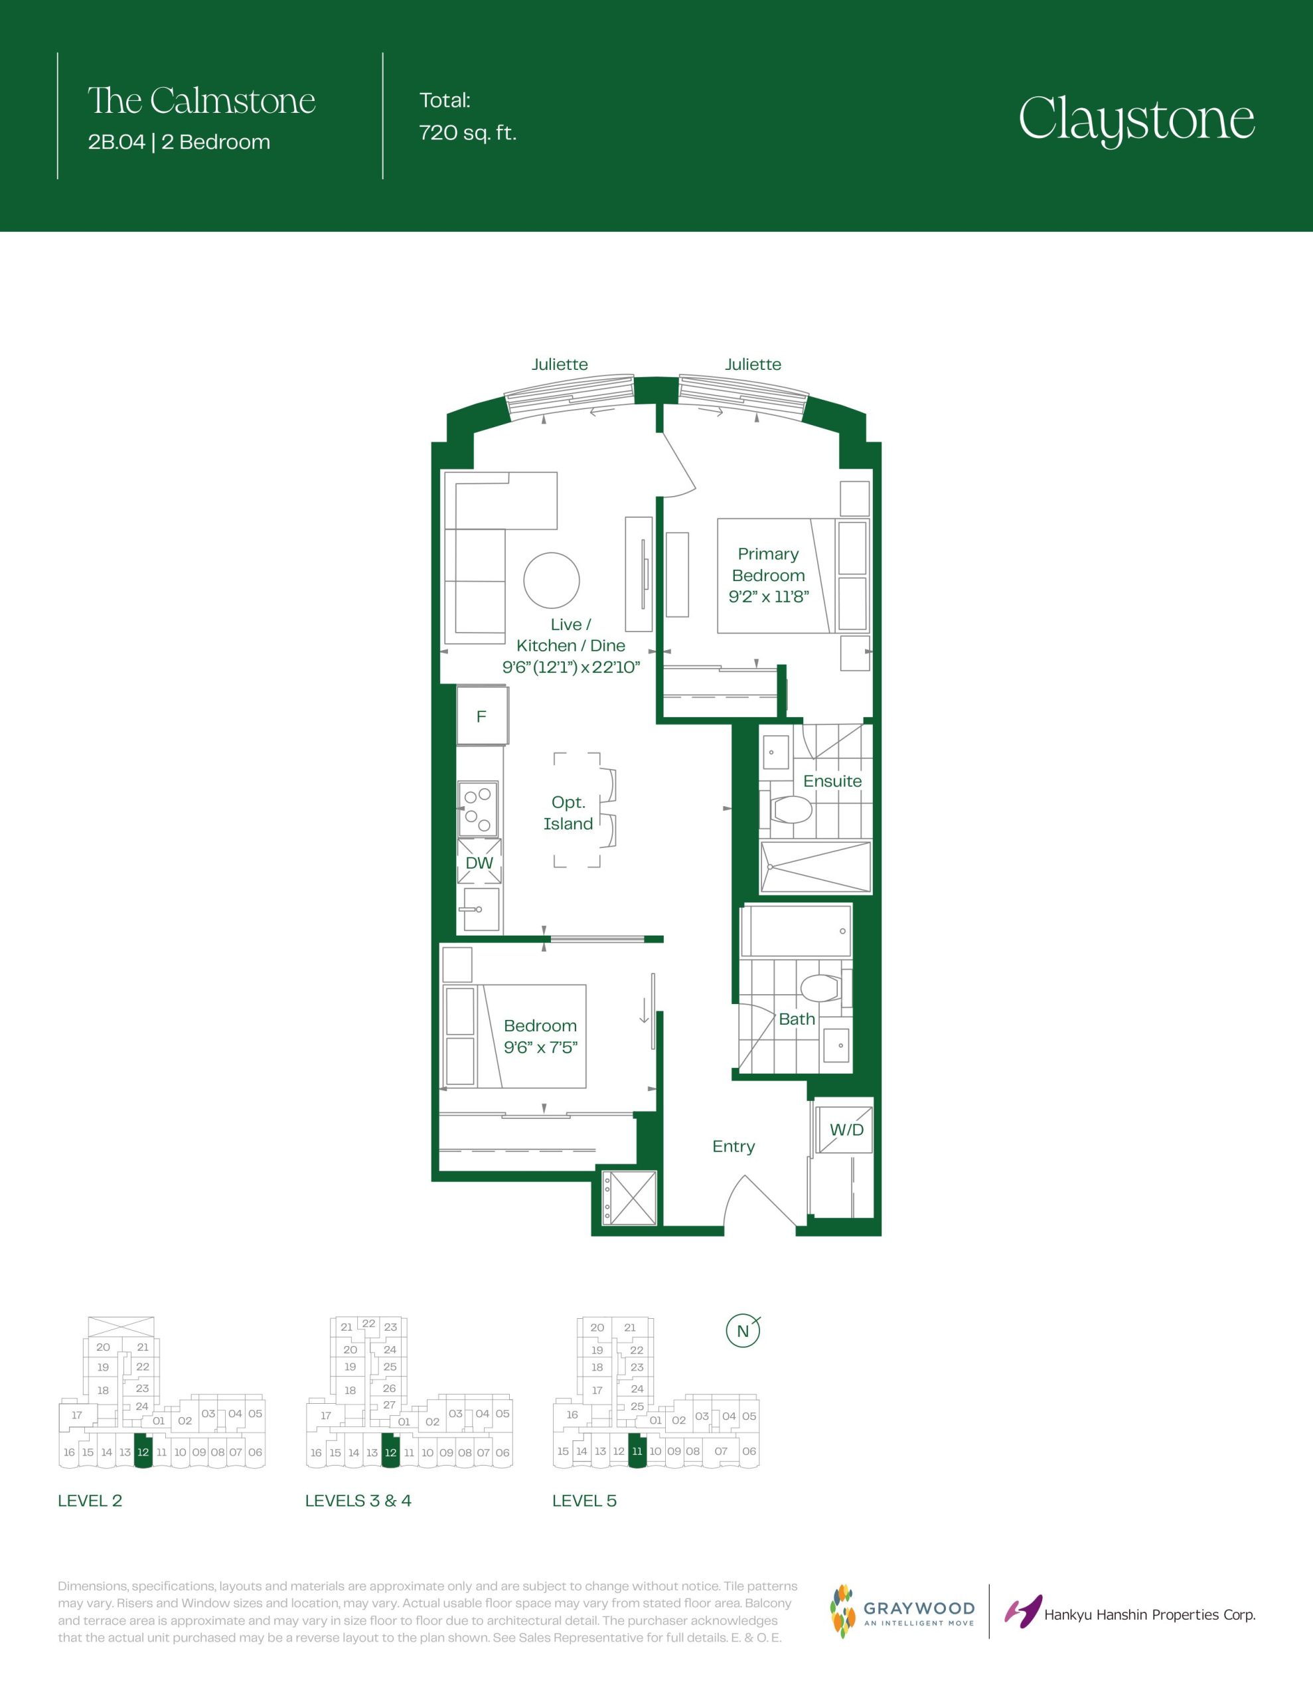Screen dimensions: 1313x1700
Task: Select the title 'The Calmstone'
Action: point(202,100)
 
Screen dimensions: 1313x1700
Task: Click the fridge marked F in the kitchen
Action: point(482,715)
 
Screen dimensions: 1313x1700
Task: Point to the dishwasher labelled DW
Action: point(479,862)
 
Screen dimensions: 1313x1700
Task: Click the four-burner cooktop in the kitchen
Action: point(479,809)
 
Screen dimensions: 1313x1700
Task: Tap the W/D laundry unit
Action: point(843,1129)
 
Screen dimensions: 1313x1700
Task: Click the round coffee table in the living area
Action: point(552,580)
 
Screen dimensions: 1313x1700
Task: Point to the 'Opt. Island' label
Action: point(568,813)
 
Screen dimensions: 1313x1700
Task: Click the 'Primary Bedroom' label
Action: point(768,564)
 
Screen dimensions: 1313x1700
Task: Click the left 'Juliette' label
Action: point(560,365)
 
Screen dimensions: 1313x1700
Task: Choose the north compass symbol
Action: point(743,1330)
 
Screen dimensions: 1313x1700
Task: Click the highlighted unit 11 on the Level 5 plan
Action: point(637,1450)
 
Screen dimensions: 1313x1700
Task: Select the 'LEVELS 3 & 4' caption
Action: point(358,1501)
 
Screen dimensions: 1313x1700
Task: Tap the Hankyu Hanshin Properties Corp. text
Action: point(1150,1615)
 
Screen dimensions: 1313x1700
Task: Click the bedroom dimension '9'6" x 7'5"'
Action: point(541,1047)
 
